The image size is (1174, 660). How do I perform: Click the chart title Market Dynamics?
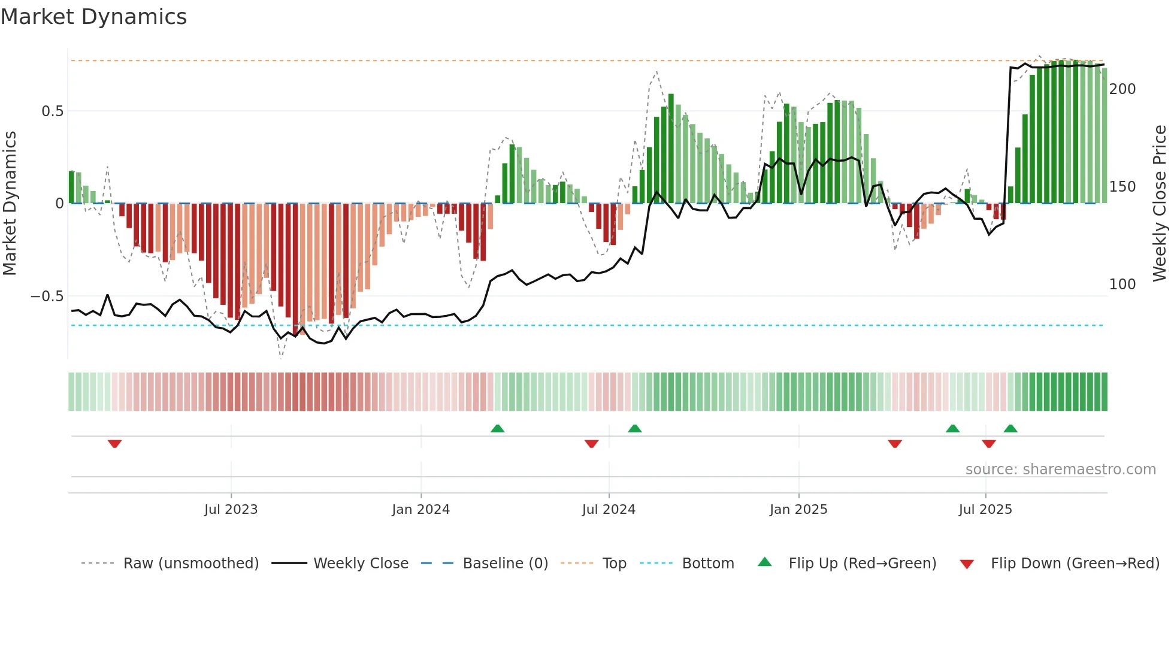pyautogui.click(x=94, y=17)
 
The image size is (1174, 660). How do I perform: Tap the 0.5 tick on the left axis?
pyautogui.click(x=52, y=111)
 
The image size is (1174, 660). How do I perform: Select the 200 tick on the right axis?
pyautogui.click(x=1122, y=89)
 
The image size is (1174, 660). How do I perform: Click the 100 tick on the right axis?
pyautogui.click(x=1122, y=284)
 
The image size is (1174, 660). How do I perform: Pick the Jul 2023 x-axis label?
pyautogui.click(x=231, y=510)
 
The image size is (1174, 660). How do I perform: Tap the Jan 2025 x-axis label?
pyautogui.click(x=798, y=510)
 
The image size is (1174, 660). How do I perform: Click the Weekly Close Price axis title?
pyautogui.click(x=1160, y=204)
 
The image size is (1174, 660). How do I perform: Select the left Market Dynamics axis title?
pyautogui.click(x=10, y=204)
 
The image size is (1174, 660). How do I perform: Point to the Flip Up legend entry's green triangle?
pyautogui.click(x=765, y=562)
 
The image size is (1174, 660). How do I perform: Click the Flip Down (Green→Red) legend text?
pyautogui.click(x=1075, y=564)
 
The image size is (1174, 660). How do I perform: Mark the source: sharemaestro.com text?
pyautogui.click(x=1060, y=470)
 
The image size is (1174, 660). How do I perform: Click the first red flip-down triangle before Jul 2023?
pyautogui.click(x=115, y=443)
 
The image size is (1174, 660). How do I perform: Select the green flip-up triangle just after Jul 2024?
pyautogui.click(x=635, y=428)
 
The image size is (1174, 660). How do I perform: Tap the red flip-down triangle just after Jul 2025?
pyautogui.click(x=989, y=443)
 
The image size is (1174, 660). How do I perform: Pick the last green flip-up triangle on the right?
pyautogui.click(x=1010, y=428)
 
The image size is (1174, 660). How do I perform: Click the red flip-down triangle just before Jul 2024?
pyautogui.click(x=591, y=443)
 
